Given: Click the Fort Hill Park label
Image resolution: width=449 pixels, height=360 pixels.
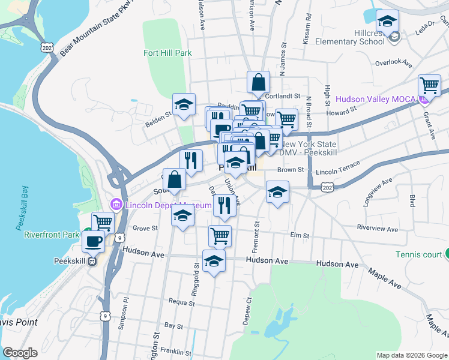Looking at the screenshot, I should click(167, 53).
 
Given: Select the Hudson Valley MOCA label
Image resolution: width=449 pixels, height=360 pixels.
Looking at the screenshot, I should click(378, 99).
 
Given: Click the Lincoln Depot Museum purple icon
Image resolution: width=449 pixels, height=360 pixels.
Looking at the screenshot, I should click(117, 205).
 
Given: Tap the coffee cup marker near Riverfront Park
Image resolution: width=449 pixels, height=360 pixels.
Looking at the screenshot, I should click(93, 241).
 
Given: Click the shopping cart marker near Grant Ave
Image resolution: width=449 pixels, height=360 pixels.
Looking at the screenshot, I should click(429, 85).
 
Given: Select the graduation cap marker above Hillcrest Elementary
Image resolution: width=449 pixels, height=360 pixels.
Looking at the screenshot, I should click(387, 22).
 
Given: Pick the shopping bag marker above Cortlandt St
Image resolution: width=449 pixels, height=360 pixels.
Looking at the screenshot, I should click(258, 82).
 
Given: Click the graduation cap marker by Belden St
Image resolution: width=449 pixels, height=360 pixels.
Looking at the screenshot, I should click(184, 104).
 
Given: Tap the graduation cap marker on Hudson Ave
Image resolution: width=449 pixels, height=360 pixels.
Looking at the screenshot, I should click(214, 262).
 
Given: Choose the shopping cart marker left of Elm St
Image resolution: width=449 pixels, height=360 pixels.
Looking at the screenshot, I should click(220, 236).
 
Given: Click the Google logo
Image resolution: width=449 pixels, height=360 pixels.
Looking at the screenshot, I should click(20, 353).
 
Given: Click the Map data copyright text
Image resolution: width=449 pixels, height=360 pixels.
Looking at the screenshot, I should click(411, 355).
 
